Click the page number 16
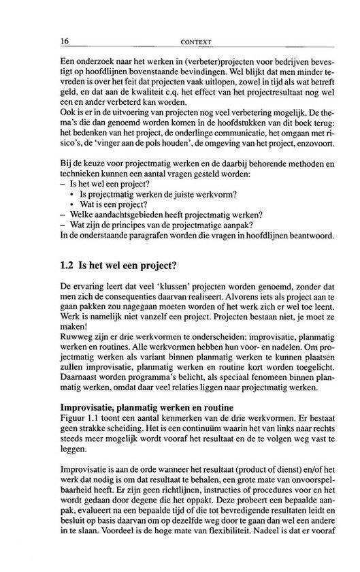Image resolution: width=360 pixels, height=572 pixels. [65, 42]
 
